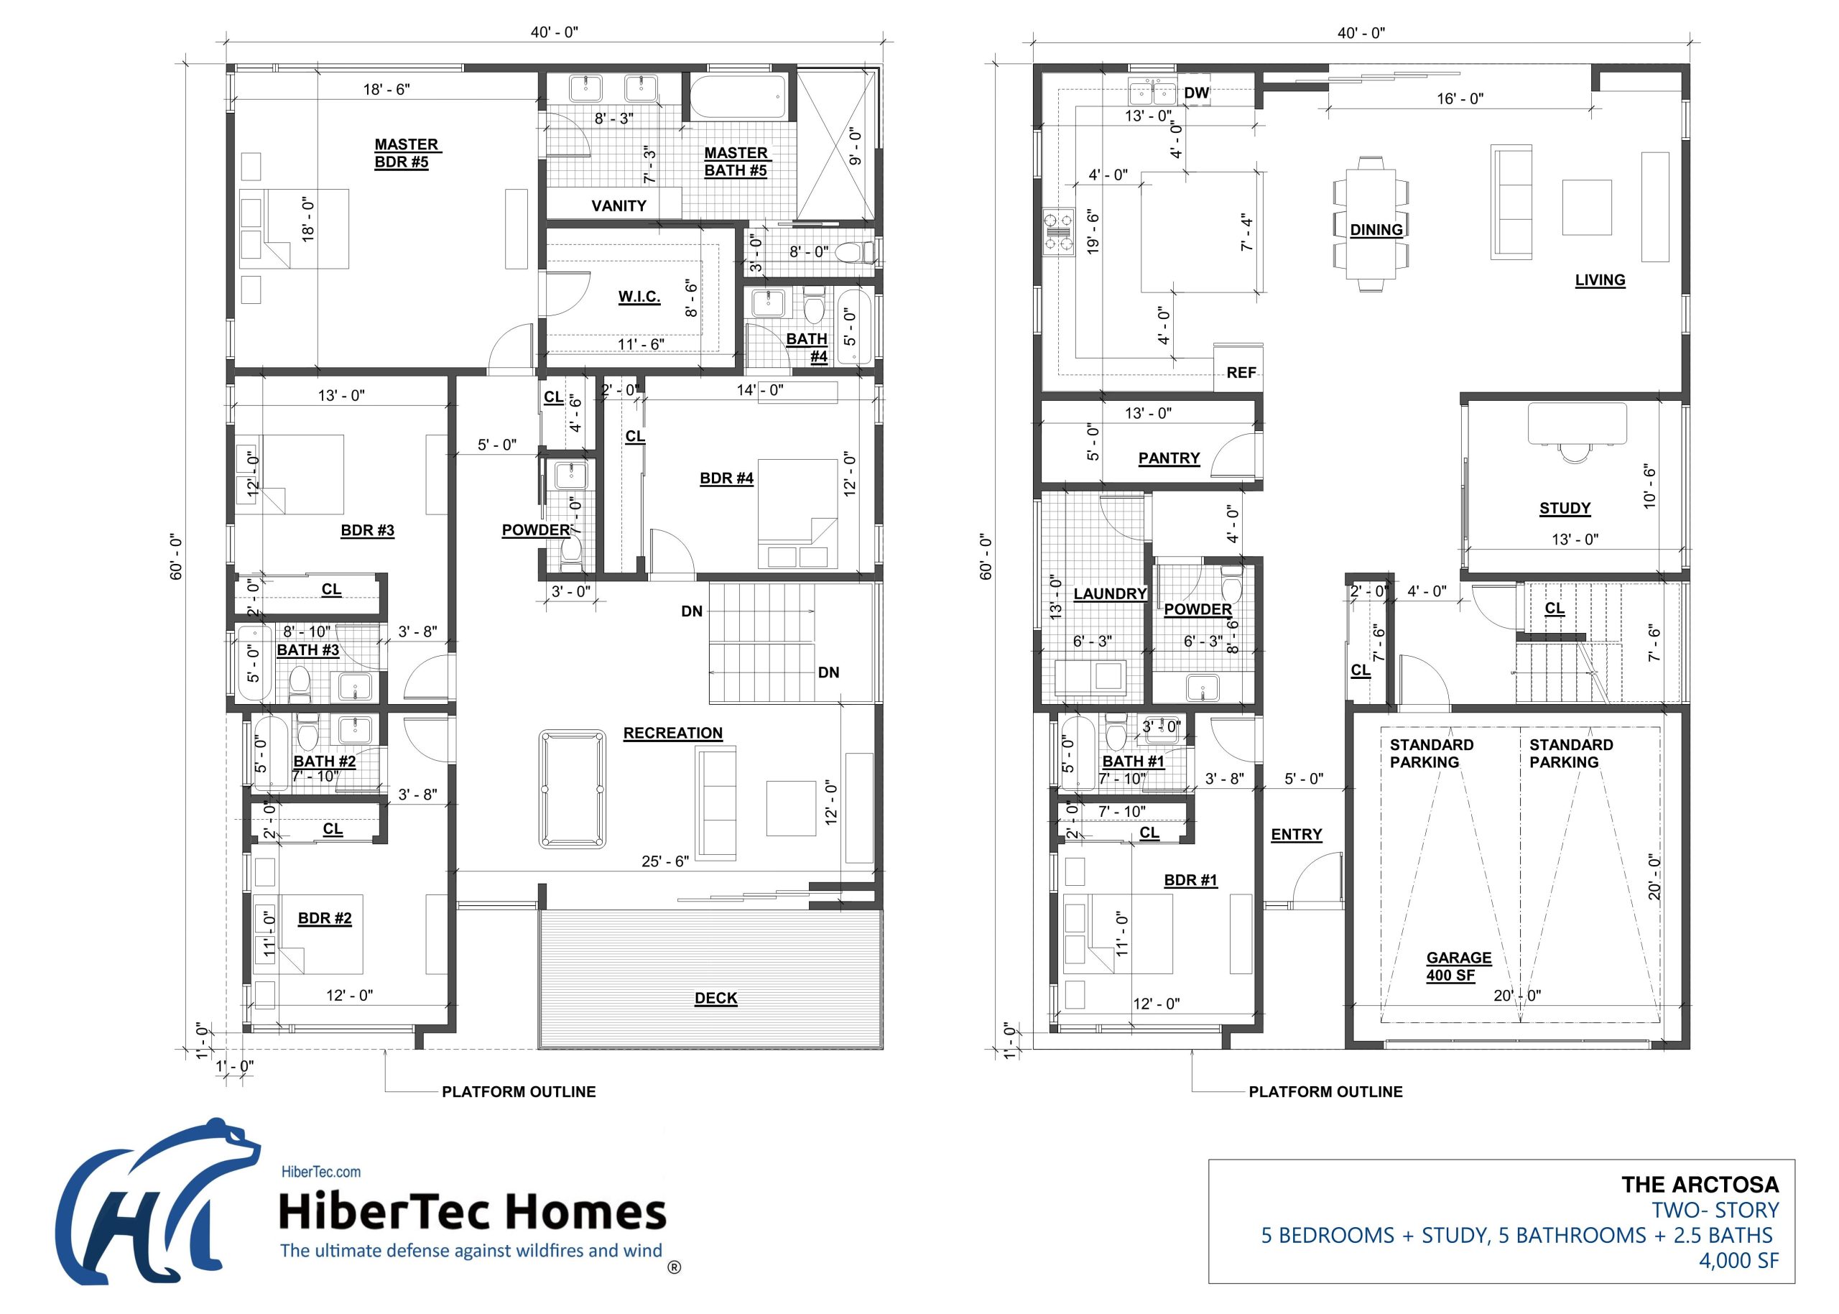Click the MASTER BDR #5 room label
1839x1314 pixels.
point(405,153)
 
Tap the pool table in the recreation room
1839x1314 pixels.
point(572,789)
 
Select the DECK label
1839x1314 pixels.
point(715,999)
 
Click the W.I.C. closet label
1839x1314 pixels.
point(639,296)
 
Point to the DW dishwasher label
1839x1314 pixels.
point(1196,93)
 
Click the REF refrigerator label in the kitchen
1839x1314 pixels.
point(1241,372)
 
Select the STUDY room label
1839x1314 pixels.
point(1564,508)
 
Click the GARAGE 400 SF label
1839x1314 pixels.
point(1458,966)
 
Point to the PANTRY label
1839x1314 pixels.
point(1168,458)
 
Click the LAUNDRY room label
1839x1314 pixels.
point(1109,594)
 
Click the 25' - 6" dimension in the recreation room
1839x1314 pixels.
point(664,861)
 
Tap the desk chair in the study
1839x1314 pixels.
point(1575,451)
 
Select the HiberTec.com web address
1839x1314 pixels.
point(320,1172)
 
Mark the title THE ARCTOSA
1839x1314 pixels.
point(1699,1185)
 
